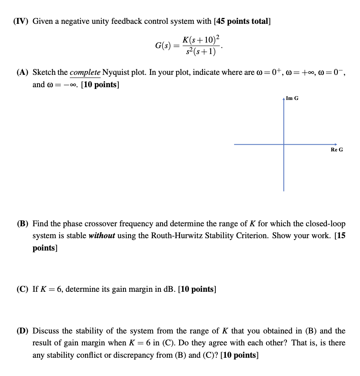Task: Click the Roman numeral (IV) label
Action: coord(21,21)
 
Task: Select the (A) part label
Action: coord(23,72)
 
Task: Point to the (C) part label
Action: coord(23,290)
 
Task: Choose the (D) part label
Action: coord(23,330)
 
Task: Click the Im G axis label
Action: coord(292,98)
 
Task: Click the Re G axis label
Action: coord(337,150)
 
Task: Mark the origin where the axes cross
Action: coord(284,144)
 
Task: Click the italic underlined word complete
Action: coord(85,72)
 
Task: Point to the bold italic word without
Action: coord(102,236)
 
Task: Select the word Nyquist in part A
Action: coord(116,72)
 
